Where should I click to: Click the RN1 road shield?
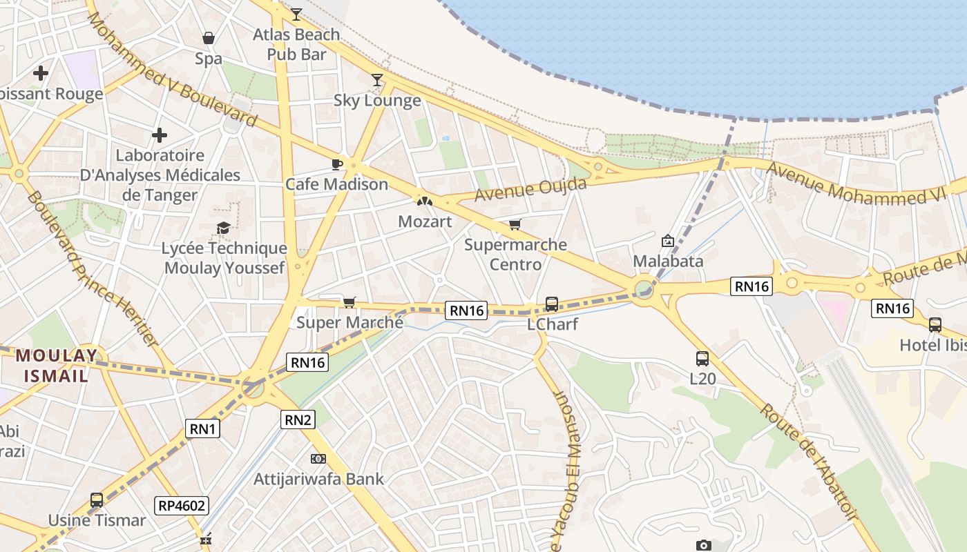[203, 429]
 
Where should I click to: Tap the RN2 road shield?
[298, 419]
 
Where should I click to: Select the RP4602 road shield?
[182, 506]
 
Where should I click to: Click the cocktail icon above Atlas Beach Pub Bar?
[296, 14]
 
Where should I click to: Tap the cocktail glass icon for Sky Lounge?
[376, 80]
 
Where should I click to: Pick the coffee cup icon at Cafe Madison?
[336, 164]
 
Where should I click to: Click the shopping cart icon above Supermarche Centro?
[515, 224]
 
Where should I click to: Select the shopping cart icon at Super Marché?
[349, 302]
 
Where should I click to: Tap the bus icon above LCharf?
[551, 304]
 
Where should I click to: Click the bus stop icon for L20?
[702, 358]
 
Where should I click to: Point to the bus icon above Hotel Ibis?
[935, 324]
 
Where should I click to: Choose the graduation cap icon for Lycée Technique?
[223, 228]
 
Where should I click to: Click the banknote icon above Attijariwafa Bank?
[318, 458]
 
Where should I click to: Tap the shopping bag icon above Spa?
[208, 38]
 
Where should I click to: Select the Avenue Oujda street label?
[530, 189]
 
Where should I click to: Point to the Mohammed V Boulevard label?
[172, 69]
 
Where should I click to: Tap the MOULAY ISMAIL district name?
[57, 366]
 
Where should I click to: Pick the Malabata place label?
[668, 261]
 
